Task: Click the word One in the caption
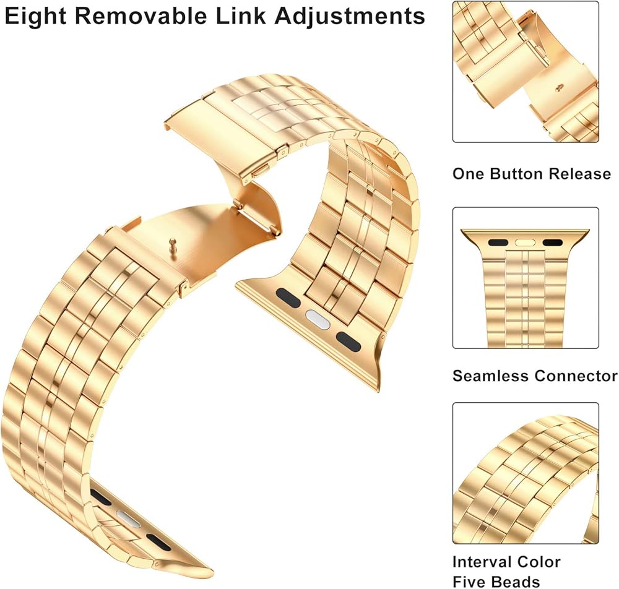coord(469,174)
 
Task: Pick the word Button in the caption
coord(519,174)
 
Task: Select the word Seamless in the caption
coord(490,376)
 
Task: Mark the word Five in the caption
coord(469,582)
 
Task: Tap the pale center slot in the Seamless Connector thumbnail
coord(525,243)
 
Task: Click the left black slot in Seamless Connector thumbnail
coord(497,243)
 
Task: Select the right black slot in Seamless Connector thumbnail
coord(553,243)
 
